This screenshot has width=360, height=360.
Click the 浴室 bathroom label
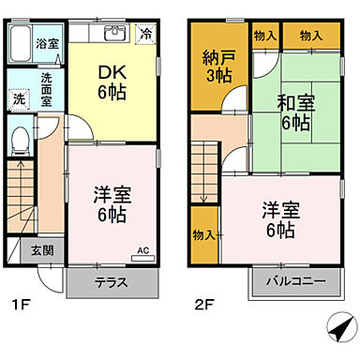pyautogui.click(x=46, y=43)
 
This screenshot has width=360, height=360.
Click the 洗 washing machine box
pyautogui.click(x=19, y=97)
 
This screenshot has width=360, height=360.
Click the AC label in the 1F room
pyautogui.click(x=143, y=249)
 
